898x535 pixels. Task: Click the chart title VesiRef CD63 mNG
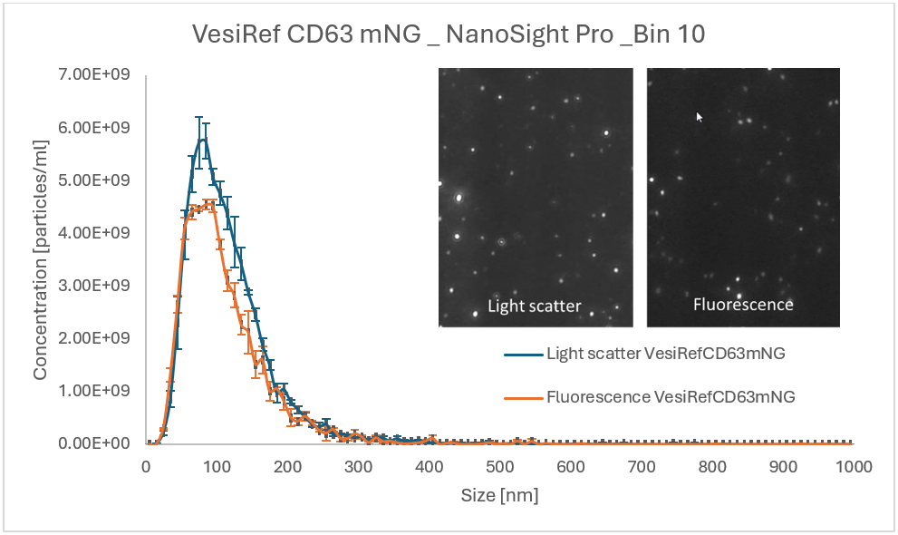[449, 34]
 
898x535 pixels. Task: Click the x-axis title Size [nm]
[499, 495]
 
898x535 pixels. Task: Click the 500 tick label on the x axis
[499, 466]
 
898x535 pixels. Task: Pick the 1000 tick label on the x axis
[852, 466]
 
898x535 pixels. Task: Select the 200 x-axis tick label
[288, 466]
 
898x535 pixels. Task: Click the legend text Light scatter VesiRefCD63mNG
[665, 354]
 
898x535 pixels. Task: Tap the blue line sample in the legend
[523, 354]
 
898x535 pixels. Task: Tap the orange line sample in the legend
[523, 396]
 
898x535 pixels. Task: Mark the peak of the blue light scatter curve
[203, 137]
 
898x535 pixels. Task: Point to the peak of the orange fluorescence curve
[209, 205]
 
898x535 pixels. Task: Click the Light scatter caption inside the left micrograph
[534, 306]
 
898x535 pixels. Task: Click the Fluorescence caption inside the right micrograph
[743, 305]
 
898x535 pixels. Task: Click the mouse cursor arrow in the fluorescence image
[698, 116]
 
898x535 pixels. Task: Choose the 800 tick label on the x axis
[711, 466]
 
